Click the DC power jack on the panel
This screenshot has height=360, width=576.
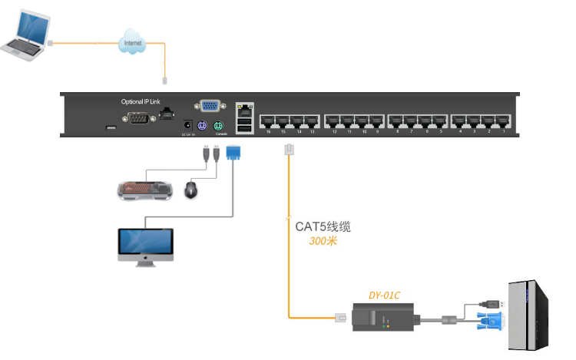click(185, 125)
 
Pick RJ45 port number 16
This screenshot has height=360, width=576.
click(268, 121)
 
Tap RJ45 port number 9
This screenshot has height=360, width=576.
click(376, 121)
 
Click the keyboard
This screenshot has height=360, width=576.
click(145, 189)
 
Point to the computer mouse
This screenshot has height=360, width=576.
click(191, 189)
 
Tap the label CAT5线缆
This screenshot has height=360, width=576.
click(323, 227)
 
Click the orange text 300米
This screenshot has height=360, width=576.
click(323, 241)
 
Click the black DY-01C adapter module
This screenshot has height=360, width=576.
click(383, 316)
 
